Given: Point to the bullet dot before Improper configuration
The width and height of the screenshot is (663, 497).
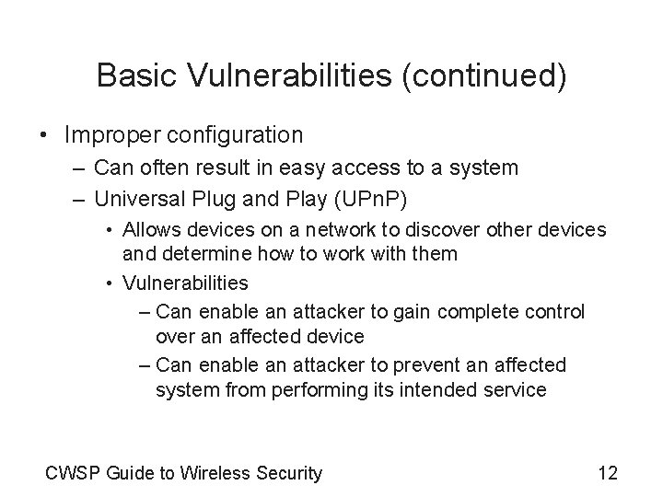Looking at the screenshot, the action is click(x=44, y=135).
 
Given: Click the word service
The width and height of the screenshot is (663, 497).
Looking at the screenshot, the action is click(x=515, y=389).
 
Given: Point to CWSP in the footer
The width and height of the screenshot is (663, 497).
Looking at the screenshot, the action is click(x=73, y=474).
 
